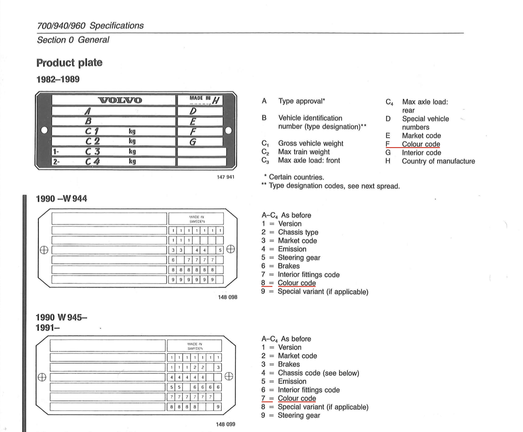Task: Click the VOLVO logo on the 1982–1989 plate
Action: click(x=120, y=100)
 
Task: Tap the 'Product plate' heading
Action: click(x=69, y=63)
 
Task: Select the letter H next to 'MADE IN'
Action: click(x=216, y=100)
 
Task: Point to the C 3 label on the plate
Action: click(x=93, y=151)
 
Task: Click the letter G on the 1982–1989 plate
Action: click(x=193, y=142)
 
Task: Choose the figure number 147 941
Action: click(x=225, y=177)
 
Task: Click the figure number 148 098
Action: click(x=227, y=297)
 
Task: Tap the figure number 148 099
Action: click(x=225, y=424)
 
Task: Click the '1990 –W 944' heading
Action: click(x=62, y=199)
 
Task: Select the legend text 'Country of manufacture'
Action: click(x=438, y=161)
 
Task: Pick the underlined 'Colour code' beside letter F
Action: click(x=421, y=144)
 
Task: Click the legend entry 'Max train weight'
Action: click(x=304, y=152)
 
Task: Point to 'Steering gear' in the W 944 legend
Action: click(x=299, y=257)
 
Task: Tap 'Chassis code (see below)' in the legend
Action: click(x=318, y=373)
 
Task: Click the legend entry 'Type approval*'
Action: click(x=301, y=101)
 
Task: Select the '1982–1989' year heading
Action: click(x=58, y=79)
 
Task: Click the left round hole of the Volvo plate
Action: click(x=44, y=130)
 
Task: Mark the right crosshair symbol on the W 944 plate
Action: click(x=230, y=249)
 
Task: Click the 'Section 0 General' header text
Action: click(x=73, y=40)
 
